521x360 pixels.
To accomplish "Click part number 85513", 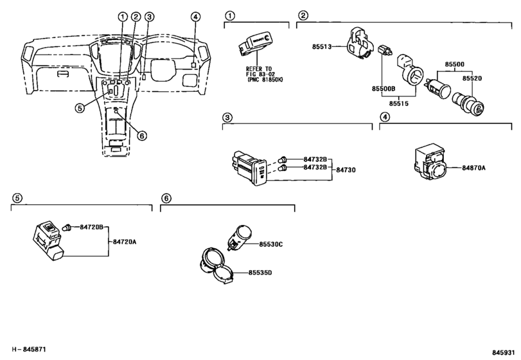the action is point(322,47).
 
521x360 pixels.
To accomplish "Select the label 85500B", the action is point(384,89).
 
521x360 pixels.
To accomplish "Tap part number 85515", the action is point(399,104).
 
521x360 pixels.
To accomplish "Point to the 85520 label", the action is point(472,78).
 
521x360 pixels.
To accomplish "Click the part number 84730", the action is point(346,170).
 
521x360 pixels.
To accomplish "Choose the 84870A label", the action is point(473,168).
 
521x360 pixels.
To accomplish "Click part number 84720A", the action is point(124,242).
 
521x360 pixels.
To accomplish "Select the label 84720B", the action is point(91,227).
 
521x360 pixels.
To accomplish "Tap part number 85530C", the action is point(271,244).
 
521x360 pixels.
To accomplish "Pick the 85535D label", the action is point(260,273).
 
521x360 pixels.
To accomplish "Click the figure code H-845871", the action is point(30,349).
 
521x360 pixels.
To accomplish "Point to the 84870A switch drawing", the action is point(430,162).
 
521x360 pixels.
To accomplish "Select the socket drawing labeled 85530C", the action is point(239,237).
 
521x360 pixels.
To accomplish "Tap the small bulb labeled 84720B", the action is point(67,228).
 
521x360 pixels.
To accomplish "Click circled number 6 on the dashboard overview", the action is point(142,135).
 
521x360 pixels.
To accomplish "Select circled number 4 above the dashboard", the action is point(195,16).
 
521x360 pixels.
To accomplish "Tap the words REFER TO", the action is point(259,69).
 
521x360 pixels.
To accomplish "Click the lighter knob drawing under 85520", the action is point(468,103).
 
